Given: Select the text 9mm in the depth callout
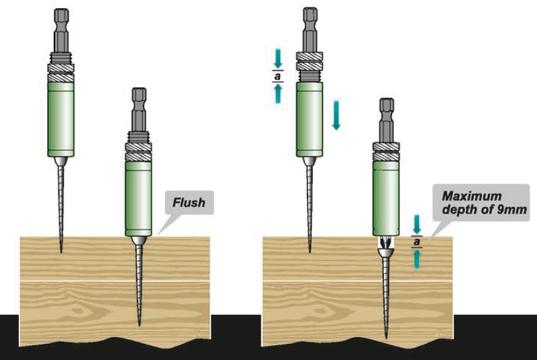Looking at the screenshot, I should (x=513, y=210).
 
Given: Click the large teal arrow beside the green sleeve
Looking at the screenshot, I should (x=337, y=115).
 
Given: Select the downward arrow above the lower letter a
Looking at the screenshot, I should (x=417, y=222).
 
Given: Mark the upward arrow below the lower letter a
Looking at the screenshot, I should (x=417, y=258).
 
